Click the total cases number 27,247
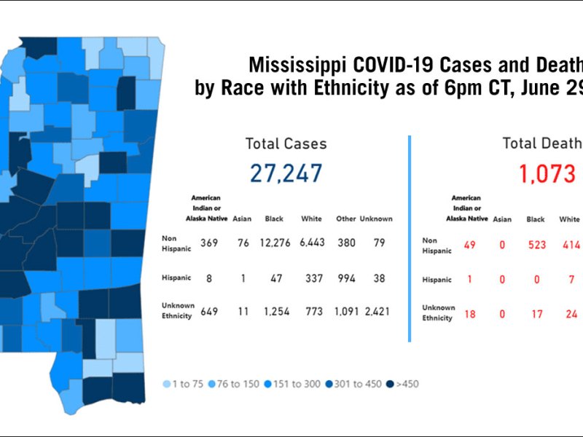pyautogui.click(x=286, y=173)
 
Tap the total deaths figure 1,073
pyautogui.click(x=547, y=173)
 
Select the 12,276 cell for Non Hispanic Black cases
pyautogui.click(x=274, y=243)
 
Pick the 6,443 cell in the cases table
pyautogui.click(x=311, y=243)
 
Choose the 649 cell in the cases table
pyautogui.click(x=209, y=312)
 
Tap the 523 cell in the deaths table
pyautogui.click(x=536, y=245)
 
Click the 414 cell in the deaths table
pyautogui.click(x=569, y=245)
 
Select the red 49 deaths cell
pyautogui.click(x=469, y=245)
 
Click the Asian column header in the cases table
pyautogui.click(x=242, y=219)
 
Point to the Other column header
pyautogui.click(x=345, y=219)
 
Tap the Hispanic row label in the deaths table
pyautogui.click(x=437, y=280)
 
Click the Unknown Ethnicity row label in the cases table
pyautogui.click(x=177, y=312)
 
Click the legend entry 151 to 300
pyautogui.click(x=295, y=384)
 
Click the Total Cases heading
pyautogui.click(x=286, y=143)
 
